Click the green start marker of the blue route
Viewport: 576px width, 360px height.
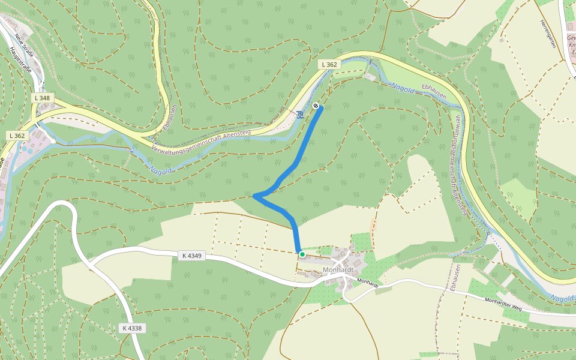[302, 255]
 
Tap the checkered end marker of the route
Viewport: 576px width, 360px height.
[316, 106]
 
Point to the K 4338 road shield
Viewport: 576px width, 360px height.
[131, 328]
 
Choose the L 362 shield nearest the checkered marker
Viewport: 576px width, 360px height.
[329, 64]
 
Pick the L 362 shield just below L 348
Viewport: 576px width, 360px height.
[17, 136]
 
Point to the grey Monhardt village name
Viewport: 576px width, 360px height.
[337, 270]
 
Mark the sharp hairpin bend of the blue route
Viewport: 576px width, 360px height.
[255, 196]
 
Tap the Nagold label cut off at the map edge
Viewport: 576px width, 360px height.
[562, 298]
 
